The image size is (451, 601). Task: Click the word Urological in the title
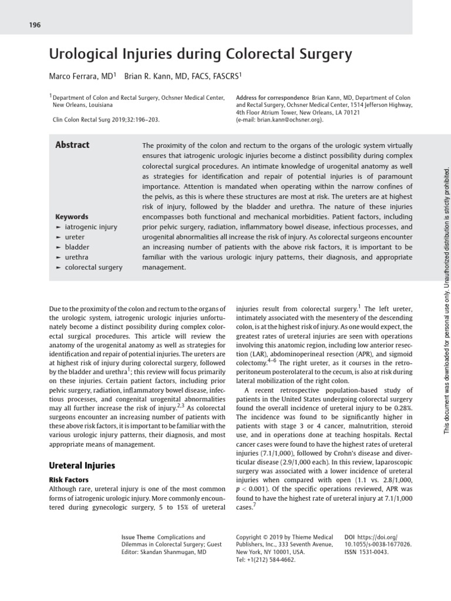(x=82, y=55)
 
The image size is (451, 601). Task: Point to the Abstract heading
(x=72, y=145)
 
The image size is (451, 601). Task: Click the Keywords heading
(x=72, y=217)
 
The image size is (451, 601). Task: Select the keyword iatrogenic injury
(x=90, y=227)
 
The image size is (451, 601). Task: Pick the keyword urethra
(x=77, y=257)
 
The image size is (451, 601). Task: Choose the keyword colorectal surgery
(x=93, y=267)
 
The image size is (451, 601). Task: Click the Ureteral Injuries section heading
(x=81, y=465)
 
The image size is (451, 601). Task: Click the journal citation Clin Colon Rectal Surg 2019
(x=106, y=119)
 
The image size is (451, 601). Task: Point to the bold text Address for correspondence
(x=272, y=97)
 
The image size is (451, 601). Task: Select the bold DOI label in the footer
(x=351, y=537)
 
